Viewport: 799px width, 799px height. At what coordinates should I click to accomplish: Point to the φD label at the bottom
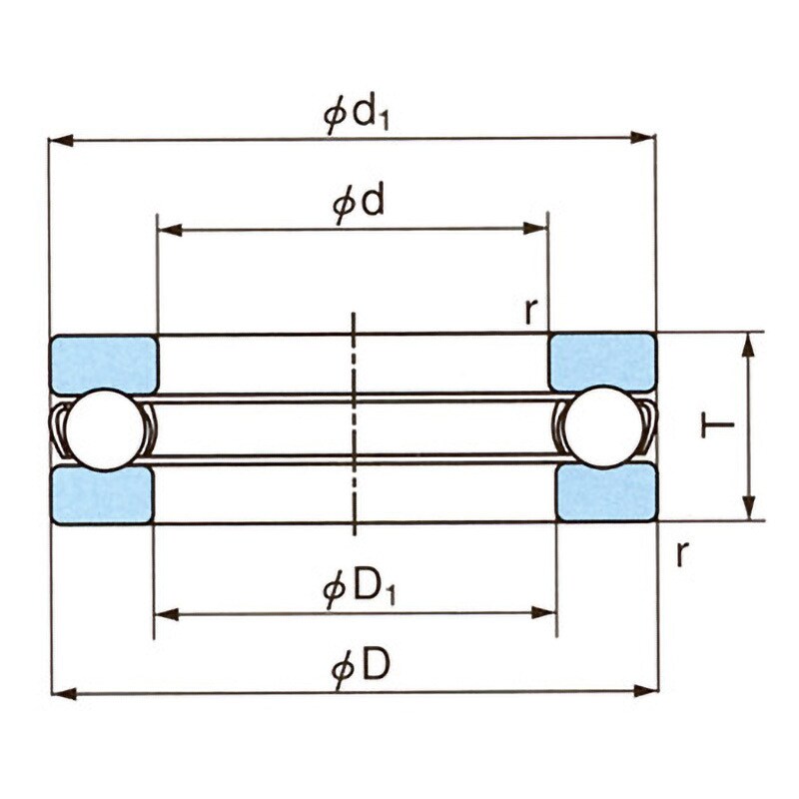point(361,667)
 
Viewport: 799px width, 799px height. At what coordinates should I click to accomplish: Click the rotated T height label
point(717,423)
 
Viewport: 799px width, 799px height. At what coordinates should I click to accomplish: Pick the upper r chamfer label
point(531,312)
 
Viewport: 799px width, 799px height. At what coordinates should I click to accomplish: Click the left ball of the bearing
point(105,429)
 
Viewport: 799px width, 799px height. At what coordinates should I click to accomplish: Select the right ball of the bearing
point(602,426)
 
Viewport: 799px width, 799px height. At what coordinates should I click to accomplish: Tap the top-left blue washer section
point(104,365)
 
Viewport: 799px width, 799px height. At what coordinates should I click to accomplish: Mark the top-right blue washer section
point(602,362)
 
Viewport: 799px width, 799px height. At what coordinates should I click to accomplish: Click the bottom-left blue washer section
point(103,494)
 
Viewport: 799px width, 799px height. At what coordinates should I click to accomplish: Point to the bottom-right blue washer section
point(606,492)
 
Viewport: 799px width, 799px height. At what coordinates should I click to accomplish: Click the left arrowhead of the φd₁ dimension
point(60,140)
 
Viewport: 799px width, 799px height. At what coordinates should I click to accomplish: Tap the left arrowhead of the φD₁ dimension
point(166,614)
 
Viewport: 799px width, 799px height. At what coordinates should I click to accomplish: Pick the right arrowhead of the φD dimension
point(645,691)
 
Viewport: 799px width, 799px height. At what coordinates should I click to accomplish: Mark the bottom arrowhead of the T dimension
point(748,507)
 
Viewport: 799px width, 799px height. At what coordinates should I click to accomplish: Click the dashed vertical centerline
point(355,423)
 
